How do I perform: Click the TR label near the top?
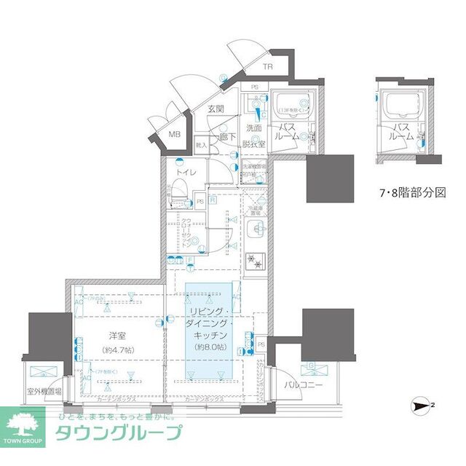click(x=269, y=66)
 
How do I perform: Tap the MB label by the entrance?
click(x=175, y=134)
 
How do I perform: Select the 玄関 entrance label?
click(x=215, y=109)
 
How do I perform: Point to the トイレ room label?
click(x=186, y=173)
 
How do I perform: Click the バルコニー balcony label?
click(x=303, y=384)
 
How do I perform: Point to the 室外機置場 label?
click(x=44, y=391)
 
